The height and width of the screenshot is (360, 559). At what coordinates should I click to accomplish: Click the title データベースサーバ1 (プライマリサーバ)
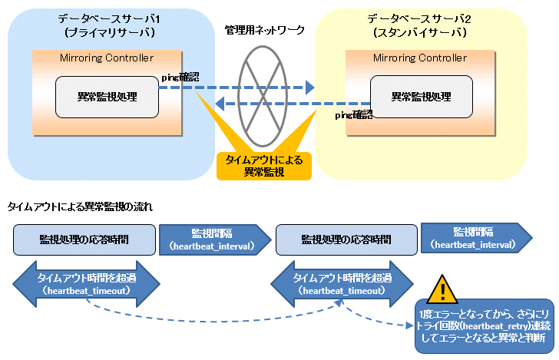coord(109,25)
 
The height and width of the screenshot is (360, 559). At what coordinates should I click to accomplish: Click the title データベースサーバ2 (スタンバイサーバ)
coord(419,25)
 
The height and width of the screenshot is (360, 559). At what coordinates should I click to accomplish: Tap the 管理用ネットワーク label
coord(264,30)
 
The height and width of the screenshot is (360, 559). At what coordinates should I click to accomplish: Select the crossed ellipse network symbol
coord(263,96)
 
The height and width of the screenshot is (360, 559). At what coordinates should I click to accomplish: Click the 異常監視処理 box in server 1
coord(107,97)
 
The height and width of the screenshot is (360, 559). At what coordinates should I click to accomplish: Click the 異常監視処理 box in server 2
coord(422,97)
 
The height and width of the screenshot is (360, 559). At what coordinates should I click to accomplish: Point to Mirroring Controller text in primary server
coord(107,58)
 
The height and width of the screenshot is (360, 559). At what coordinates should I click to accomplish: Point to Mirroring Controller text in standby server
coord(420,58)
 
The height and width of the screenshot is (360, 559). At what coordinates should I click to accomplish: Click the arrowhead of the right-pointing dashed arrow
coord(309,88)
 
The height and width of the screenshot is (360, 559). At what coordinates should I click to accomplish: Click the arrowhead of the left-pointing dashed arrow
coord(220,104)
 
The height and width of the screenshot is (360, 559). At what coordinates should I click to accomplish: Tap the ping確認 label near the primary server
coord(180,77)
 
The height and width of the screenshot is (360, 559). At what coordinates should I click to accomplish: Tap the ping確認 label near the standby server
coord(354,115)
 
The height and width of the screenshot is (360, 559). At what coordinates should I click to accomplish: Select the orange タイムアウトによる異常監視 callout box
coord(264,166)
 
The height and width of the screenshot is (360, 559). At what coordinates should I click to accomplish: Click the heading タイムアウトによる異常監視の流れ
coord(80,206)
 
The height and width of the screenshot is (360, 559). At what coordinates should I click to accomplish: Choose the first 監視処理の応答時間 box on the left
coord(84,240)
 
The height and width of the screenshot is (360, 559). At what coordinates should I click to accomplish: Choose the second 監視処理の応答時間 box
coord(346,240)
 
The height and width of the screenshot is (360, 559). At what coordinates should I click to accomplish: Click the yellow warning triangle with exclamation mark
coord(442,289)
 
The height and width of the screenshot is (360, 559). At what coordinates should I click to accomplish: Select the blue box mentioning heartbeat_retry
coord(484,326)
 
